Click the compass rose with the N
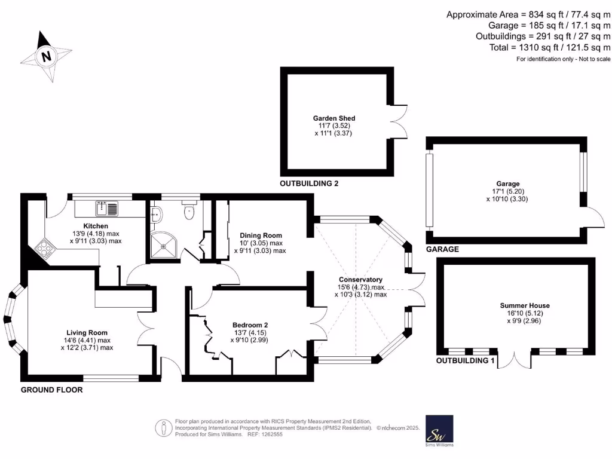[x=45, y=57]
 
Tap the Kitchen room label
[x=96, y=226]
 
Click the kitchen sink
[x=106, y=209]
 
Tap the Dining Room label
[x=261, y=235]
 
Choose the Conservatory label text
[x=360, y=280]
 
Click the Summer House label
[x=525, y=305]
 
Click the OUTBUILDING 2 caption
[x=309, y=183]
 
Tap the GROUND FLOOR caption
[x=52, y=390]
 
